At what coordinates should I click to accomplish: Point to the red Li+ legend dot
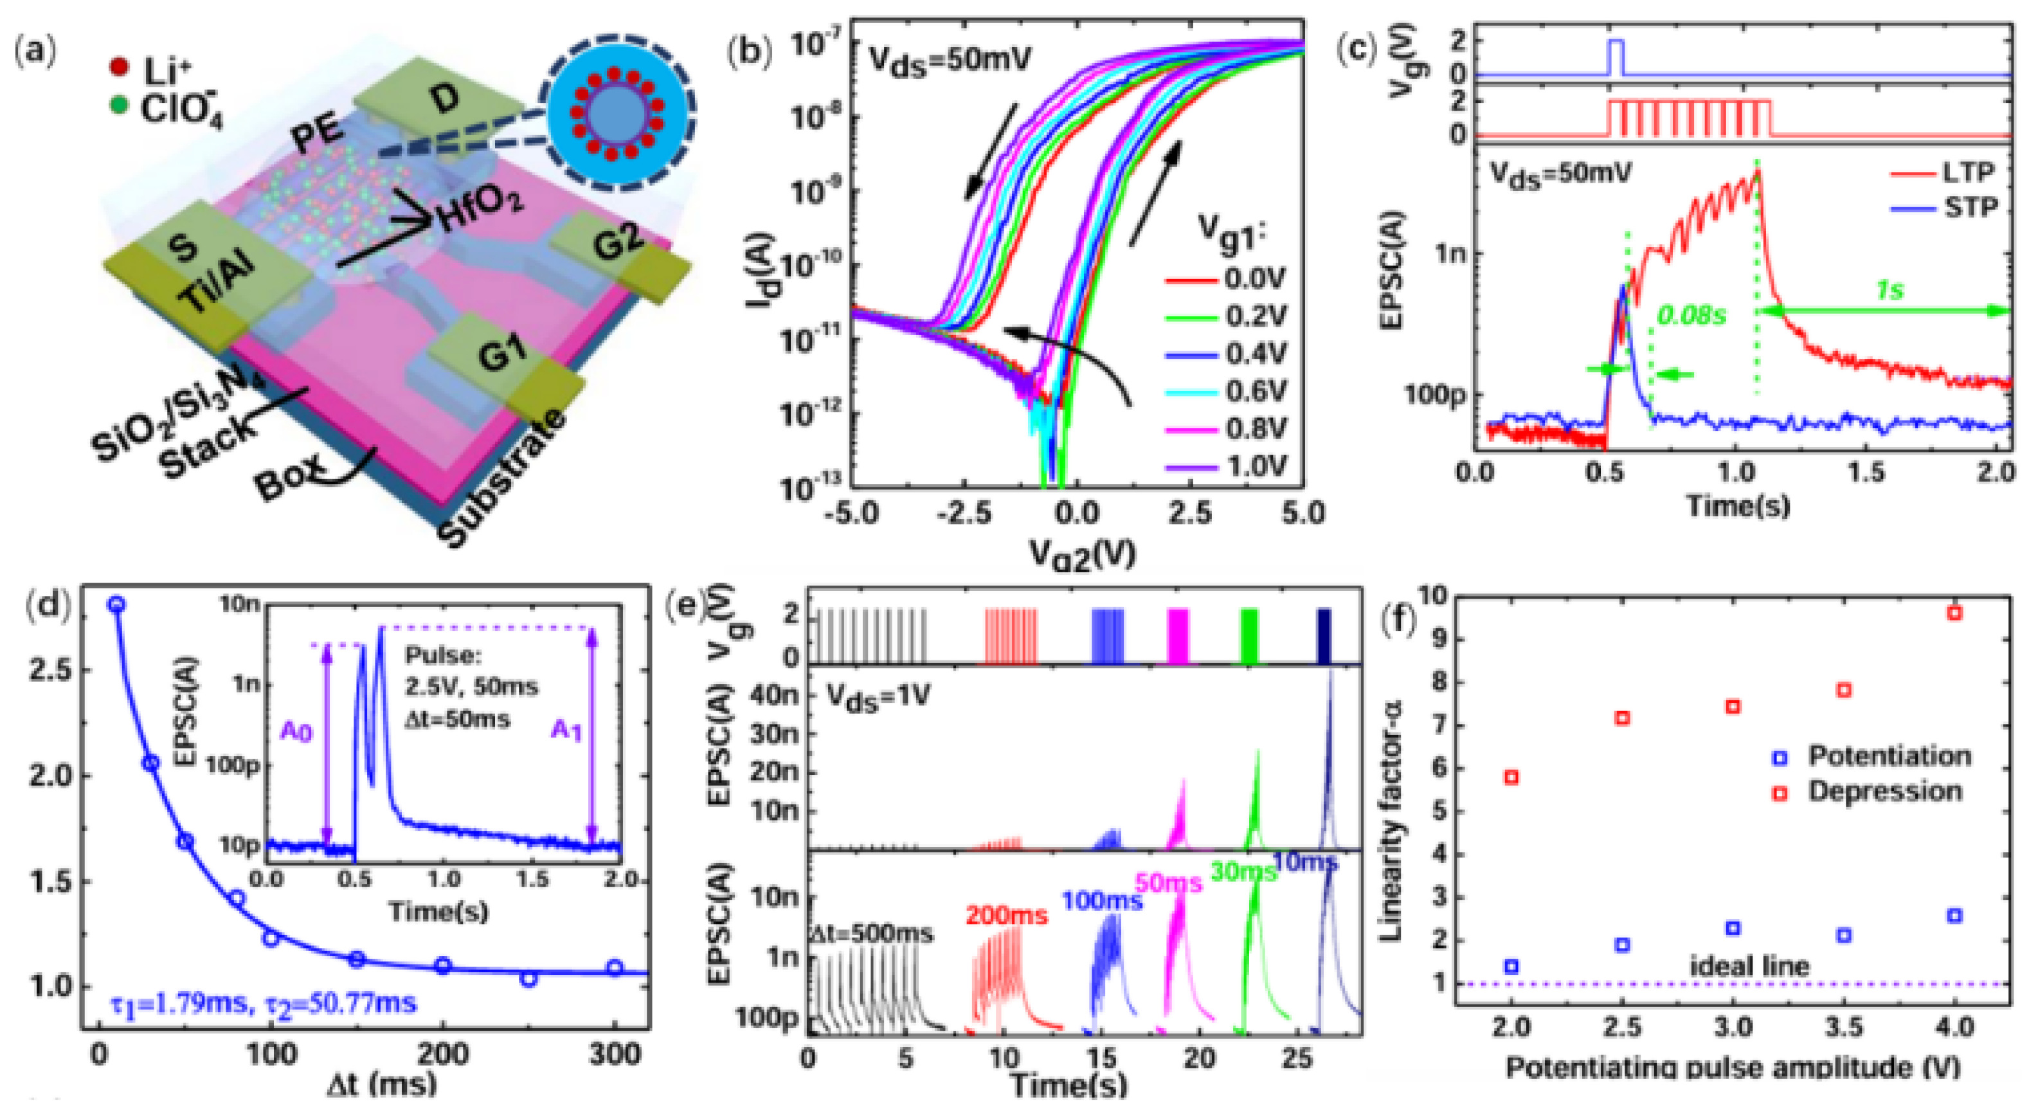[119, 69]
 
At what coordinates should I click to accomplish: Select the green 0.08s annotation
[1691, 315]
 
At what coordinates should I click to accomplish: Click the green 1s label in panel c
[1889, 291]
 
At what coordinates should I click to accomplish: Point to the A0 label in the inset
[296, 733]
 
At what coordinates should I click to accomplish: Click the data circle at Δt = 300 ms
[615, 968]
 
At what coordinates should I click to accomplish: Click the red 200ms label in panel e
[1006, 915]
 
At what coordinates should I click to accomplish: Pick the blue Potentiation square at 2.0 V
[1511, 966]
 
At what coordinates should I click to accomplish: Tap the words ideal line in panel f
[1749, 966]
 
